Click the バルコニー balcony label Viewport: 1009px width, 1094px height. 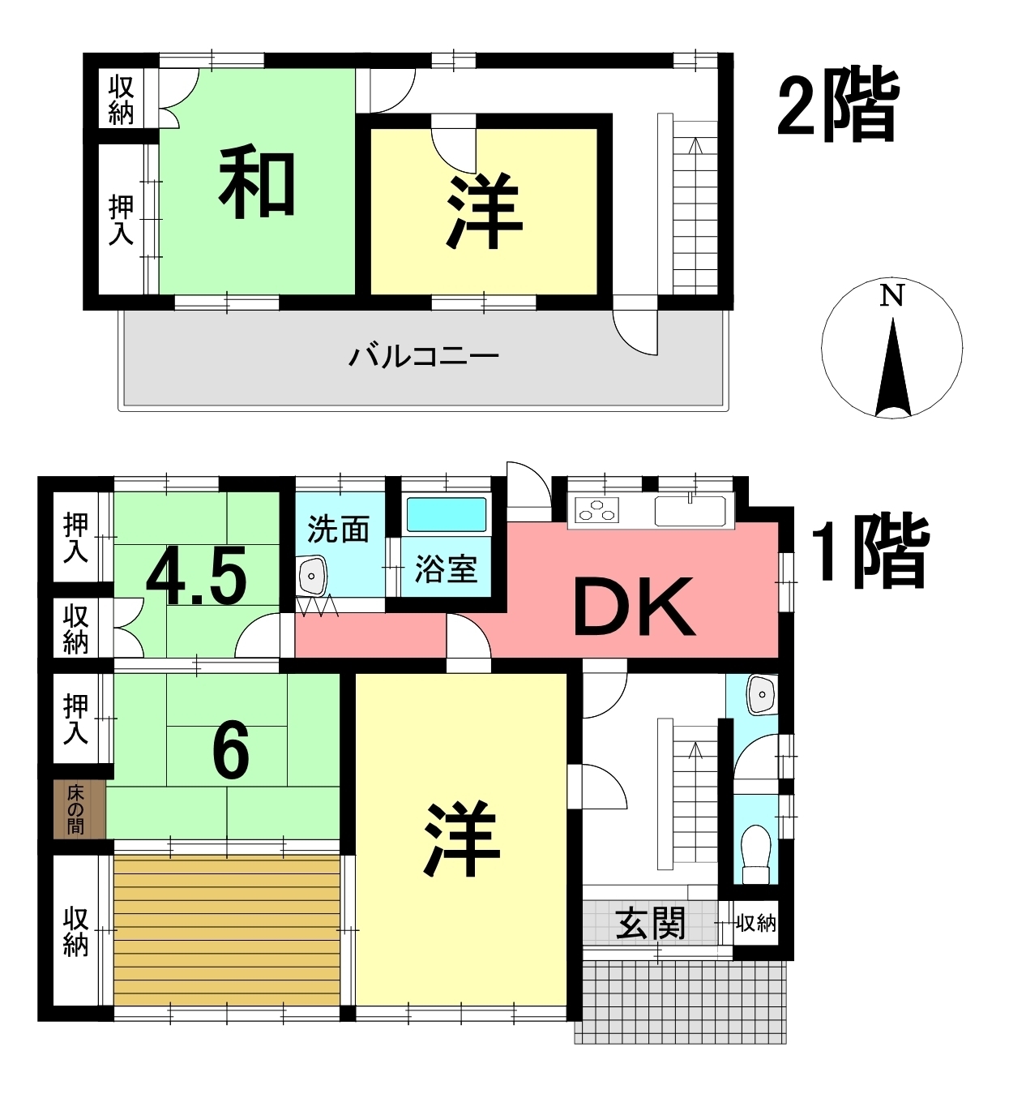[424, 356]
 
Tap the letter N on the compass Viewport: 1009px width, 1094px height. [891, 296]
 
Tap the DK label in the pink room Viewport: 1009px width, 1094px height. [634, 607]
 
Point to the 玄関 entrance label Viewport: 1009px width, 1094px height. [651, 925]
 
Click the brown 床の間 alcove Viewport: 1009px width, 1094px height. [79, 810]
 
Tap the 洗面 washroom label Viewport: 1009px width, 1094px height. [338, 530]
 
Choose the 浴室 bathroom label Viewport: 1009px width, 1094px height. [446, 569]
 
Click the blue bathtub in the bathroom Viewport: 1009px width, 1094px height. [447, 514]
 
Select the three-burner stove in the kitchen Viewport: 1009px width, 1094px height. [597, 509]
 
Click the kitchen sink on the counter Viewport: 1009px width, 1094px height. [690, 510]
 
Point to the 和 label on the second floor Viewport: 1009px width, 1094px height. [257, 182]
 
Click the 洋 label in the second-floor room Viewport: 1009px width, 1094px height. [484, 212]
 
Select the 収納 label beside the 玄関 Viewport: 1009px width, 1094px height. [755, 923]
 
